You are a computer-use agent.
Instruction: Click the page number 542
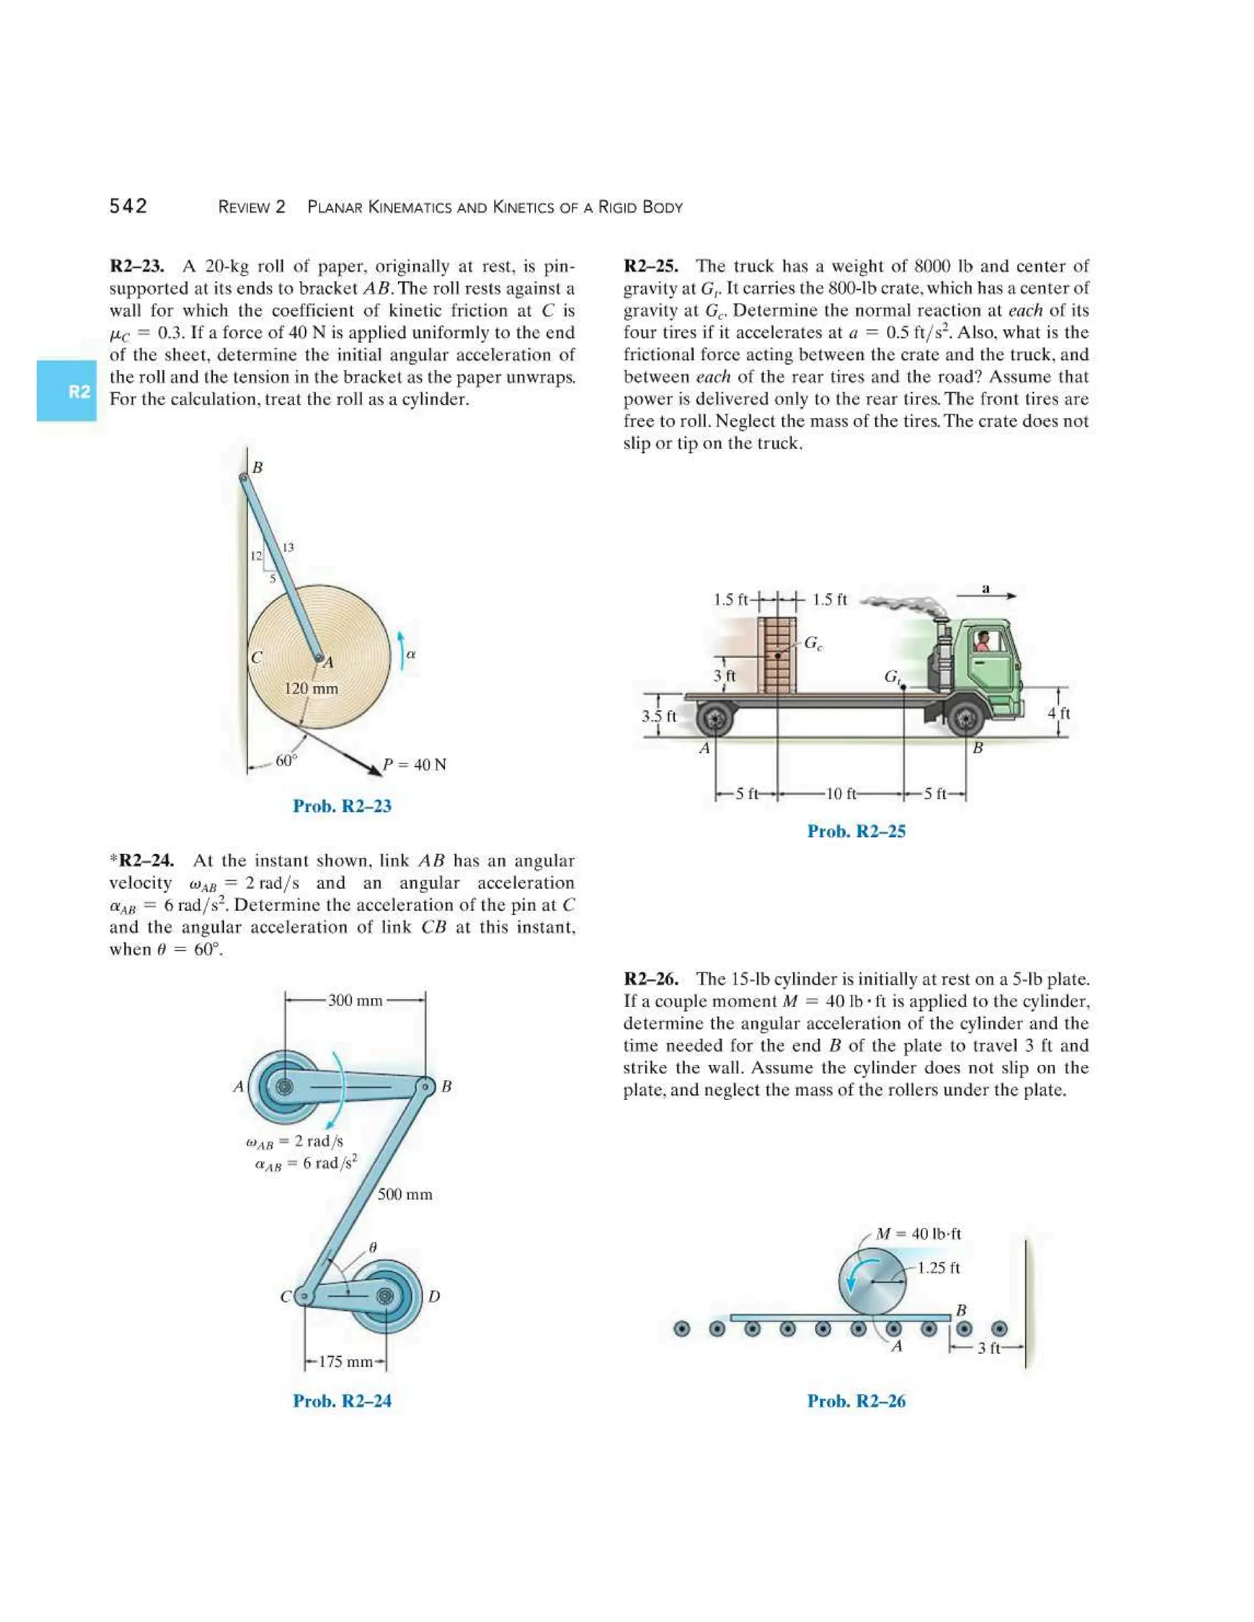(129, 206)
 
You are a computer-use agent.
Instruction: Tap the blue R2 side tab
(67, 391)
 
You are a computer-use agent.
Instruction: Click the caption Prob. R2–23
(342, 806)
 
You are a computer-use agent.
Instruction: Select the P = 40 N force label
(415, 764)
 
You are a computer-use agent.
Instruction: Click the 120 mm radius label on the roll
(310, 689)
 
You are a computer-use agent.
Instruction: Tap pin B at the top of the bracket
(244, 479)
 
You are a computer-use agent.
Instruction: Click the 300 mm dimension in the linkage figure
(355, 1000)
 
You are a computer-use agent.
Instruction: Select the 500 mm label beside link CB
(405, 1194)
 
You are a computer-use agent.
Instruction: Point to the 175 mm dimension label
(345, 1361)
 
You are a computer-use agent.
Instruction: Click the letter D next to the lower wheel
(435, 1296)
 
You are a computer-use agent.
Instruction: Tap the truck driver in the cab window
(982, 641)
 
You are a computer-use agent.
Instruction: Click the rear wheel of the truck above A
(715, 719)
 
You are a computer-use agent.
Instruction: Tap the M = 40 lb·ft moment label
(918, 1233)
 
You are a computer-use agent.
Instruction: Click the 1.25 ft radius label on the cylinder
(938, 1268)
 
